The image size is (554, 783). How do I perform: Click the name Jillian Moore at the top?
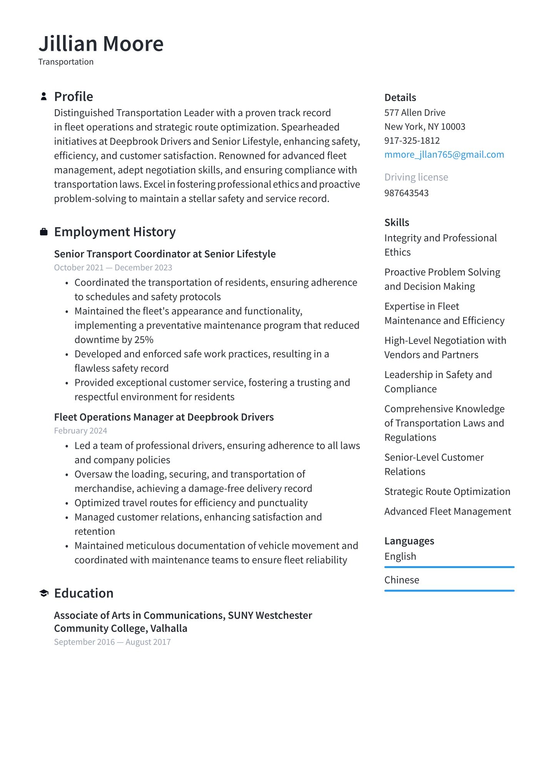click(x=101, y=43)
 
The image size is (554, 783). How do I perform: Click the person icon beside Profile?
click(x=44, y=97)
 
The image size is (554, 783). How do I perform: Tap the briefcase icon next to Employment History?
click(x=44, y=232)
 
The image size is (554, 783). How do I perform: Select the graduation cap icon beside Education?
click(x=44, y=593)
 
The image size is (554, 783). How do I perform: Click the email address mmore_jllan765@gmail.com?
click(x=444, y=155)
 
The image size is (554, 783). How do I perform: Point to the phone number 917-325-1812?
click(x=412, y=141)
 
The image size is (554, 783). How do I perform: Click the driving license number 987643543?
click(x=406, y=193)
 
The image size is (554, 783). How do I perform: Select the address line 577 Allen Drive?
click(x=415, y=113)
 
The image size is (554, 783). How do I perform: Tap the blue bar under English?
click(x=449, y=567)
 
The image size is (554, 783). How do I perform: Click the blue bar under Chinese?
click(x=449, y=591)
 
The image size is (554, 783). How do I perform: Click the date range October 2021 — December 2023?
click(x=113, y=268)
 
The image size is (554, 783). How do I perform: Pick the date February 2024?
click(x=80, y=431)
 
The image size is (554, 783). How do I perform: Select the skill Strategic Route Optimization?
click(x=447, y=491)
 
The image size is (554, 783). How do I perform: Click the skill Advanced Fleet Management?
click(x=447, y=511)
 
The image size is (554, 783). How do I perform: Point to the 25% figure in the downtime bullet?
click(x=144, y=340)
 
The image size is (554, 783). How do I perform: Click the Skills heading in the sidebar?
click(x=397, y=223)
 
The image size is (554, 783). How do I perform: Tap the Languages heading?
click(x=409, y=541)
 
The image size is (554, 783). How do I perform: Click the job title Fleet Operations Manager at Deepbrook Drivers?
click(x=164, y=417)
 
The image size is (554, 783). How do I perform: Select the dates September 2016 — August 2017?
click(x=112, y=642)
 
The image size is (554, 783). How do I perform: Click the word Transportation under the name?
click(x=66, y=62)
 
